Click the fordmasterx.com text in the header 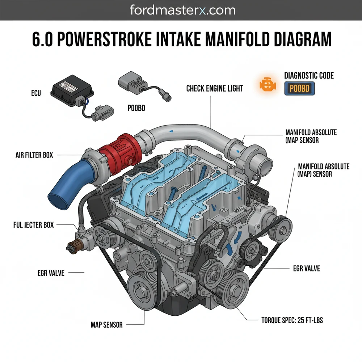182,10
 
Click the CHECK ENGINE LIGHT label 215,88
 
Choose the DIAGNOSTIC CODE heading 309,76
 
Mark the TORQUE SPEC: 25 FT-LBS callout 292,320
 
